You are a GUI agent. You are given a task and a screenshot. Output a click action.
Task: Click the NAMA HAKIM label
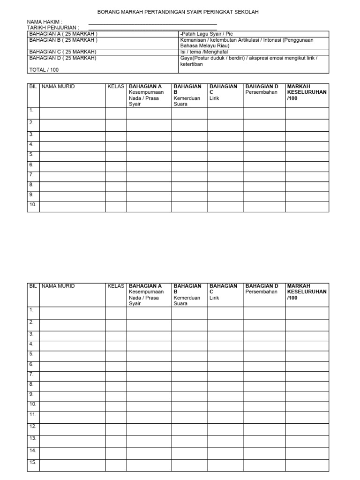click(45, 22)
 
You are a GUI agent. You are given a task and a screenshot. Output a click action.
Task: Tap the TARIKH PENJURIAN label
click(52, 28)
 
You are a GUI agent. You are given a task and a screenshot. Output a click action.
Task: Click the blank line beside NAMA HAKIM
click(152, 22)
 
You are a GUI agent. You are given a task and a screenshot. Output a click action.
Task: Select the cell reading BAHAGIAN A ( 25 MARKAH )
click(63, 34)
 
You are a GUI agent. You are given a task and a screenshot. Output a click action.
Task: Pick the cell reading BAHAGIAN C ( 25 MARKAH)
click(63, 52)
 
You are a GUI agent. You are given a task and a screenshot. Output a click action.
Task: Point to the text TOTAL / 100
click(44, 69)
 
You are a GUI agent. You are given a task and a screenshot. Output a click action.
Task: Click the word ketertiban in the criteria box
click(191, 64)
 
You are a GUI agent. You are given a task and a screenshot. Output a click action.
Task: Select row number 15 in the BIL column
click(33, 463)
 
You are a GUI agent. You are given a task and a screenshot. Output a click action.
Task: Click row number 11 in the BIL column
click(33, 414)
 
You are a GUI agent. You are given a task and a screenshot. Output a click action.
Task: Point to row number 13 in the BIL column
click(33, 438)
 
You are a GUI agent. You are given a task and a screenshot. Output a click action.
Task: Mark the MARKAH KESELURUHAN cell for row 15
click(307, 465)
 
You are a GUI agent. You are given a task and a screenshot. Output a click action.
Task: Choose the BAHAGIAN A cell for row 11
click(149, 417)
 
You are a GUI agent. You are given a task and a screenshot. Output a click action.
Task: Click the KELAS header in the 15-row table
click(116, 286)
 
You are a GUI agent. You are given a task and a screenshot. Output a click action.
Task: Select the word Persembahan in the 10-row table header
click(262, 92)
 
